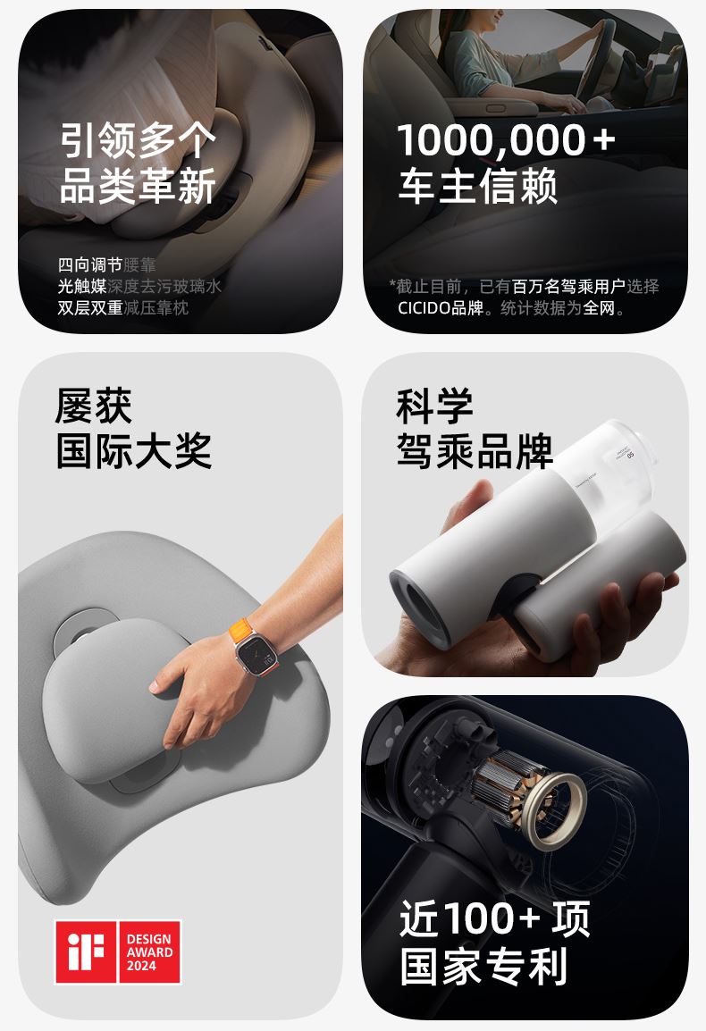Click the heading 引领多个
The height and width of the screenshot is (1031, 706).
pyautogui.click(x=138, y=140)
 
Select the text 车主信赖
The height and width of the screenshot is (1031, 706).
pyautogui.click(x=478, y=186)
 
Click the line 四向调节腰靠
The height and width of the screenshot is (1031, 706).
pyautogui.click(x=106, y=265)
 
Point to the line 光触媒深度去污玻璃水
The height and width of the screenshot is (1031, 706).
pyautogui.click(x=139, y=286)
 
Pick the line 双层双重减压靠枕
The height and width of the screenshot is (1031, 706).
pyautogui.click(x=123, y=307)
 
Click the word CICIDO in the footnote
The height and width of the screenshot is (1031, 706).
pyautogui.click(x=424, y=307)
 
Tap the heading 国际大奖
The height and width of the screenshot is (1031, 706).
pyautogui.click(x=134, y=451)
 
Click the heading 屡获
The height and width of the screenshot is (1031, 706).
pyautogui.click(x=94, y=406)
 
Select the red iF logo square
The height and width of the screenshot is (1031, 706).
pyautogui.click(x=86, y=951)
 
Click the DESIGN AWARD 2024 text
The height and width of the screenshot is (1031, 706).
pyautogui.click(x=149, y=952)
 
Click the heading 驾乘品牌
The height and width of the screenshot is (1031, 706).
pyautogui.click(x=475, y=451)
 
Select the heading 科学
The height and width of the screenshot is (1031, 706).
pyautogui.click(x=434, y=406)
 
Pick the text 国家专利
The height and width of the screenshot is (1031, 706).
pyautogui.click(x=483, y=966)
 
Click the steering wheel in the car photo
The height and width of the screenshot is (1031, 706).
pyautogui.click(x=593, y=59)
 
